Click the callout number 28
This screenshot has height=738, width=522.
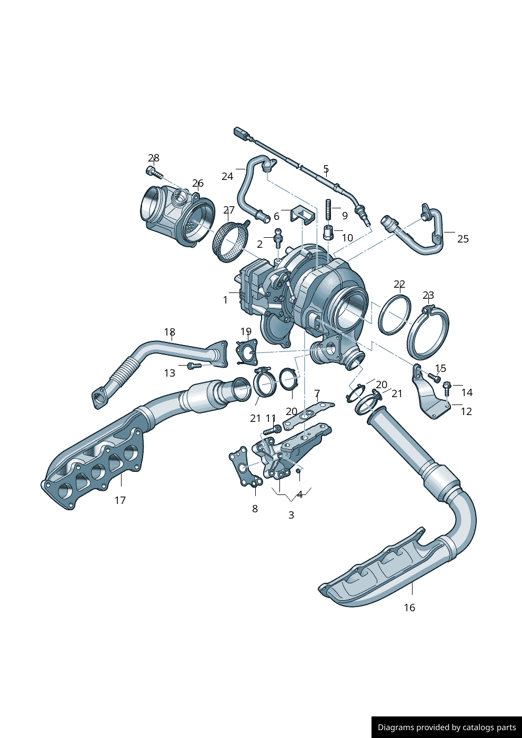coord(154,158)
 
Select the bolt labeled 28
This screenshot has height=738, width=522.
coord(154,172)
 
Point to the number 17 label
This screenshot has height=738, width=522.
coord(120,500)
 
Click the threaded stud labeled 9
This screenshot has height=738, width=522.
coord(328,209)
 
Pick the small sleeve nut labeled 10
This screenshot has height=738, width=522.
coord(328,233)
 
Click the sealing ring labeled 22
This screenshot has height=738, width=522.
coord(395,316)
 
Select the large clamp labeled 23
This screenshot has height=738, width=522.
coord(428,333)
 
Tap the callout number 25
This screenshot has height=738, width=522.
coord(463,239)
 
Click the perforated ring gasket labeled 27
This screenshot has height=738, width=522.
coord(230,242)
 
